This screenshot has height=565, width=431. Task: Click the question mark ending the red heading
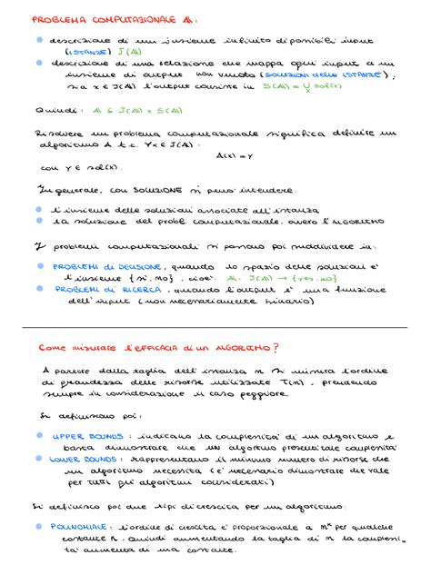[277, 346]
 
